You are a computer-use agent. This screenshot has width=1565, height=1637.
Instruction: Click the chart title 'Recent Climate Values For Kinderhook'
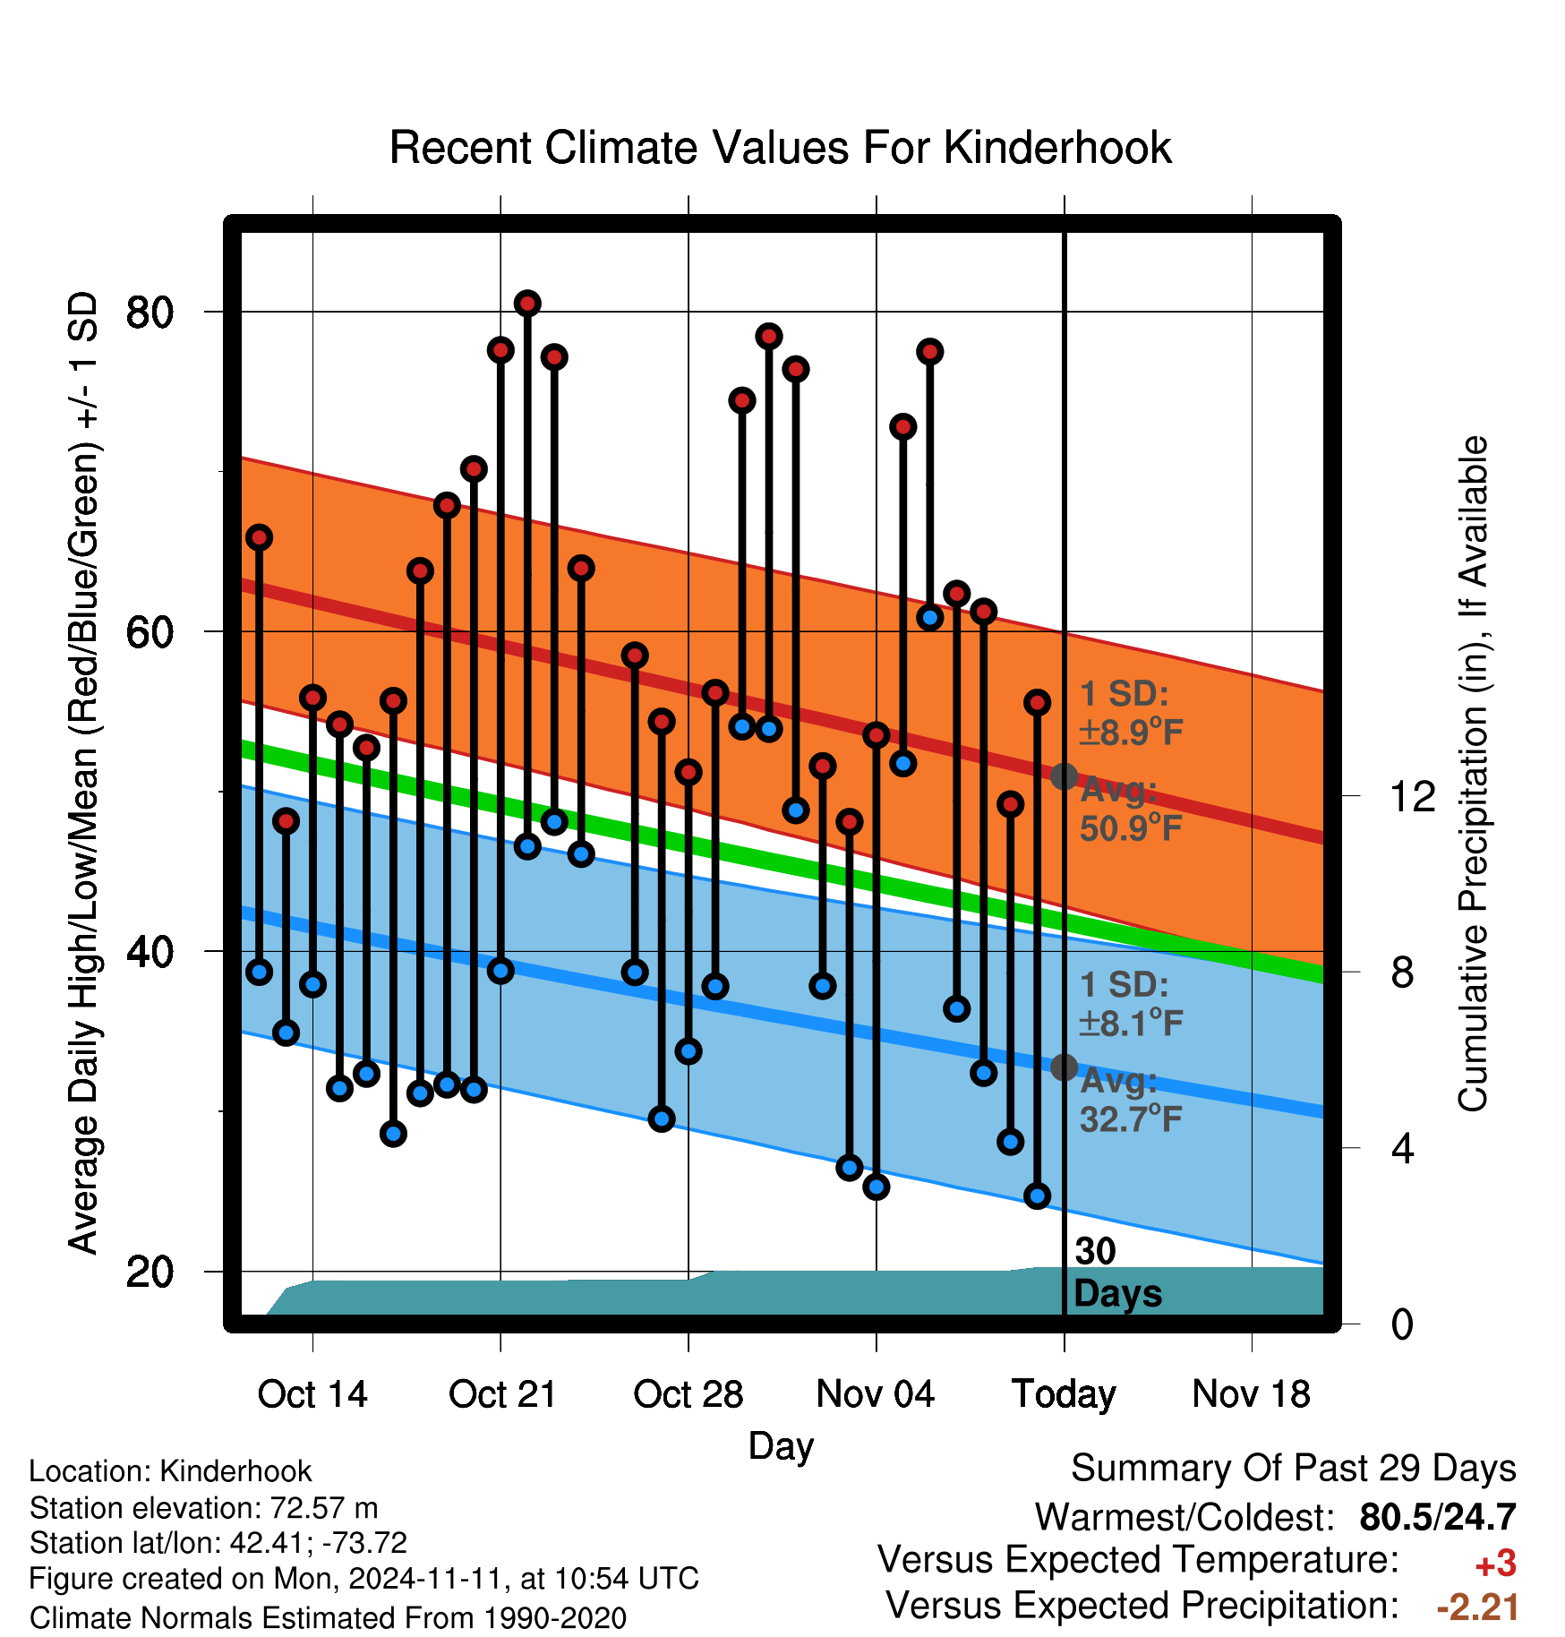tap(780, 148)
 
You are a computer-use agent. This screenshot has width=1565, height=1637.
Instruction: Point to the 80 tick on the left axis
tap(215, 312)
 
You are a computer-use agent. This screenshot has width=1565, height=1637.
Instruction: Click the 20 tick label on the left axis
tap(150, 1272)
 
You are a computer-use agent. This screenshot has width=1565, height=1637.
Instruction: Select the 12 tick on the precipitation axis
tap(1349, 795)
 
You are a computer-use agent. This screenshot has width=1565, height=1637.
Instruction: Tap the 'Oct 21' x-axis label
tap(502, 1394)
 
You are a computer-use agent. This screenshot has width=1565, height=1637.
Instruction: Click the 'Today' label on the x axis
tap(1064, 1395)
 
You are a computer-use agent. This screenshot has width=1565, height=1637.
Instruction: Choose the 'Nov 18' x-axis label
tap(1252, 1394)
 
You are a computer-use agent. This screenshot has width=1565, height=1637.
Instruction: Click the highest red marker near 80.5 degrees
tap(527, 304)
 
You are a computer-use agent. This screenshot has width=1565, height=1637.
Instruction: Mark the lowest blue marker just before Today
tap(1037, 1196)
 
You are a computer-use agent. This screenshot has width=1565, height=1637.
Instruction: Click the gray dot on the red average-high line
tap(1064, 776)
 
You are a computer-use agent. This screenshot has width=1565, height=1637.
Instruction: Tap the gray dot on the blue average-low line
tap(1064, 1067)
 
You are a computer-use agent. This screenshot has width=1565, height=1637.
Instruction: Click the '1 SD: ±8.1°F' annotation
tap(1132, 1004)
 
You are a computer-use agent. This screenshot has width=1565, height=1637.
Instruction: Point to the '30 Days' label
tap(1117, 1273)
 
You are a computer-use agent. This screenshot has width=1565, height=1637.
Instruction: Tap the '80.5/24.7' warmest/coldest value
tap(1438, 1517)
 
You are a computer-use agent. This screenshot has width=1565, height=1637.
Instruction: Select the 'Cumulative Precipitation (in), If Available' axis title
tap(1473, 774)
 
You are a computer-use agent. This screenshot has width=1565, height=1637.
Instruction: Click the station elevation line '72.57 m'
tap(203, 1508)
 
